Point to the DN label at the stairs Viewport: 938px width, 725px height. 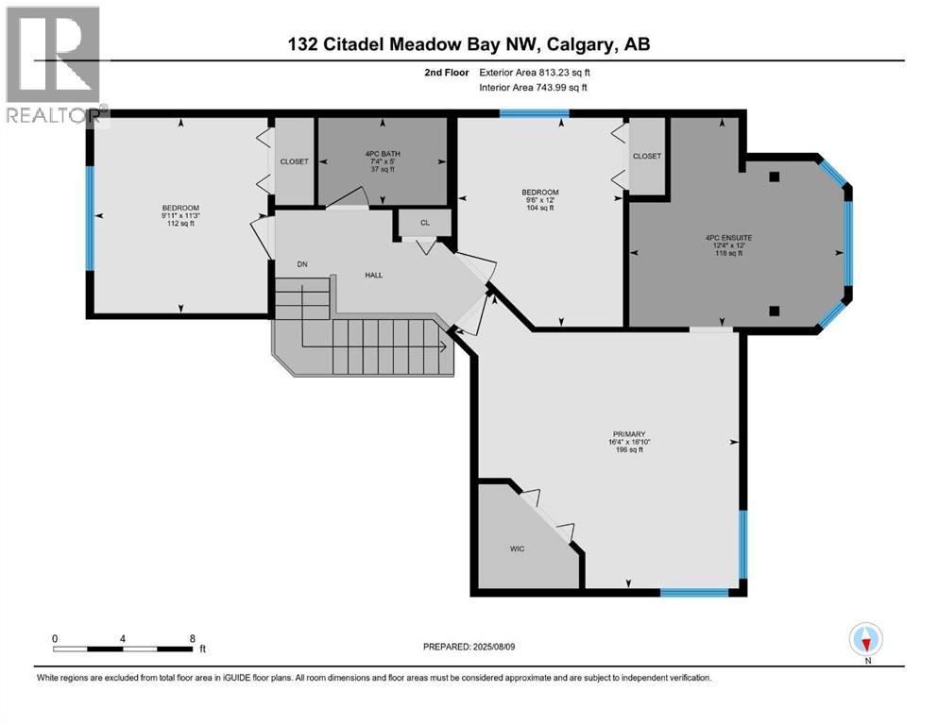[x=302, y=264]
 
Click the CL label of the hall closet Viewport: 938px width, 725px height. [x=424, y=223]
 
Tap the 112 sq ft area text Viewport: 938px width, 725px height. [x=180, y=225]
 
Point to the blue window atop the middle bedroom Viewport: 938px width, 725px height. [x=535, y=113]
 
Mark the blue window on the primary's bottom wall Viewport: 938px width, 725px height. [x=694, y=593]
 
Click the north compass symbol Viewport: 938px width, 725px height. [x=865, y=640]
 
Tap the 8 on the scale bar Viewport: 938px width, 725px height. [x=193, y=638]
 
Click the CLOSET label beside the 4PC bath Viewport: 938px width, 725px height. [x=294, y=161]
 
